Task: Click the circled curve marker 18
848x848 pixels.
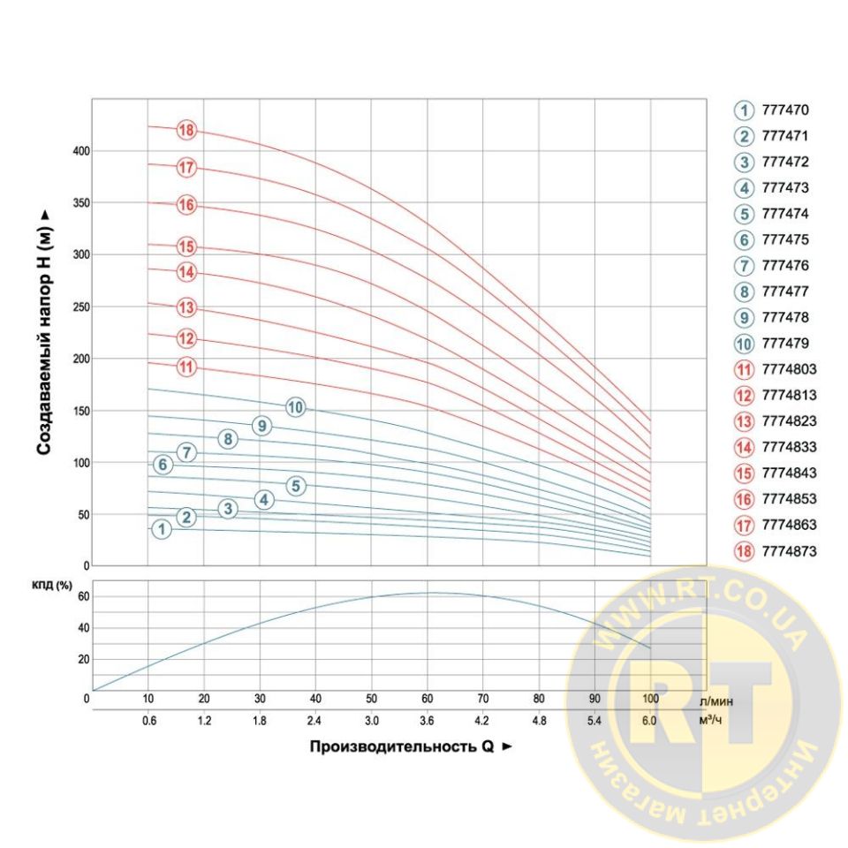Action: pos(185,131)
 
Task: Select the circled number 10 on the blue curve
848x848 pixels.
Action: pos(295,407)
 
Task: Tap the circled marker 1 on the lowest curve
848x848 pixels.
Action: pos(161,529)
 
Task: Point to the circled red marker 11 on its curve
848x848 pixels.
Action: pos(186,367)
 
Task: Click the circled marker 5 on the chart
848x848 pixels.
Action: pos(296,485)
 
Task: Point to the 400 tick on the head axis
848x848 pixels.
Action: pos(81,151)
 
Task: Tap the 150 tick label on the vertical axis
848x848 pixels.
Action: pos(81,411)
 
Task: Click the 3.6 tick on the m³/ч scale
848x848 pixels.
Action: pos(428,721)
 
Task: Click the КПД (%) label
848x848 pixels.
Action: pos(51,586)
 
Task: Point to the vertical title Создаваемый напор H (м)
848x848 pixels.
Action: pos(43,332)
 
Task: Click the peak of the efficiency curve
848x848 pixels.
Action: pos(430,593)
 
